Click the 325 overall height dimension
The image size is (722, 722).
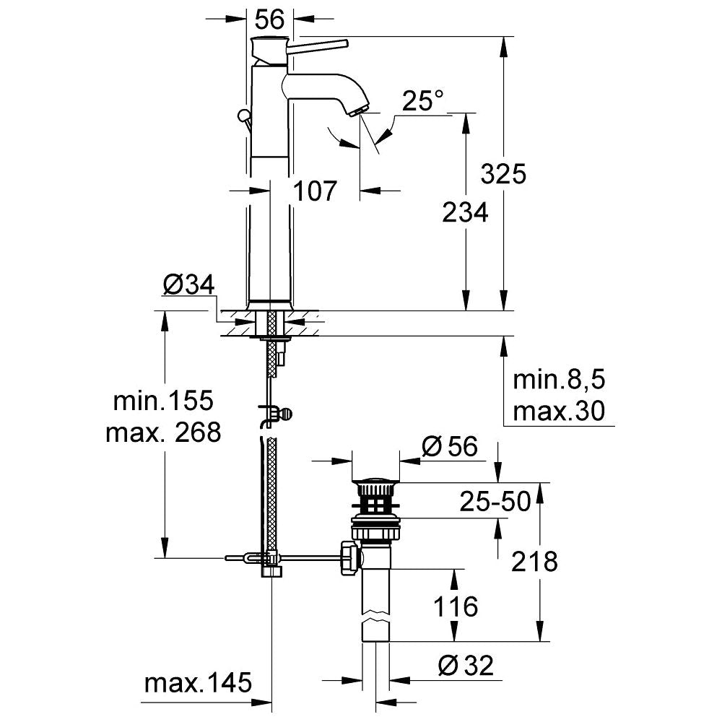(x=503, y=174)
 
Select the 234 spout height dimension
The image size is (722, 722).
(x=465, y=213)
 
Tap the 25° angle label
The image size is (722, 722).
(x=422, y=101)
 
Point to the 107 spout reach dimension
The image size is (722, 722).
(x=315, y=191)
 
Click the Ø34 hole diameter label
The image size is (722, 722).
(x=188, y=285)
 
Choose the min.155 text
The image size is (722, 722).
(x=163, y=401)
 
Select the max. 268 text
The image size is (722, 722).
(x=163, y=432)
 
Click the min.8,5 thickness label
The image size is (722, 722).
(x=559, y=380)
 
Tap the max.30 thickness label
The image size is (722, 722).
(x=559, y=412)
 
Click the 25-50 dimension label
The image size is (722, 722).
(x=495, y=502)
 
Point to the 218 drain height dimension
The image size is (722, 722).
(x=534, y=562)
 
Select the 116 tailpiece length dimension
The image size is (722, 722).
(x=456, y=606)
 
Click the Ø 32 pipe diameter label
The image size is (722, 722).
(x=466, y=666)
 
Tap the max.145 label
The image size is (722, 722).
(x=198, y=682)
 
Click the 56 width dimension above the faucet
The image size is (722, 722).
(x=270, y=19)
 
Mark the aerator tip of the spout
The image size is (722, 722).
(x=358, y=111)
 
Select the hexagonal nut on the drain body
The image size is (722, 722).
(x=349, y=559)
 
